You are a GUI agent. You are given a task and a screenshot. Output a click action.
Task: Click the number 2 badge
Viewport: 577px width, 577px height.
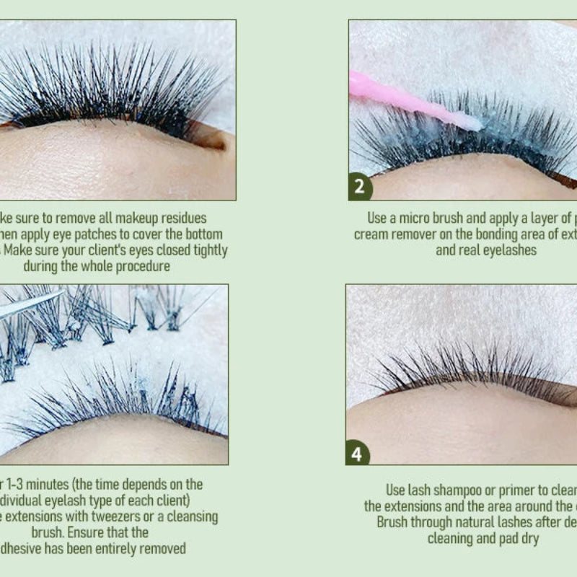360,187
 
